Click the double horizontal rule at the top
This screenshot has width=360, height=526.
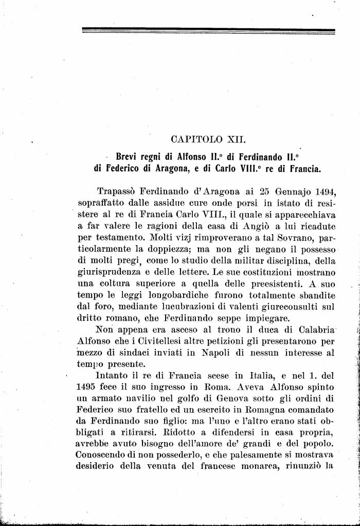click(208, 32)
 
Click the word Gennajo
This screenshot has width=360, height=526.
click(278, 192)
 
